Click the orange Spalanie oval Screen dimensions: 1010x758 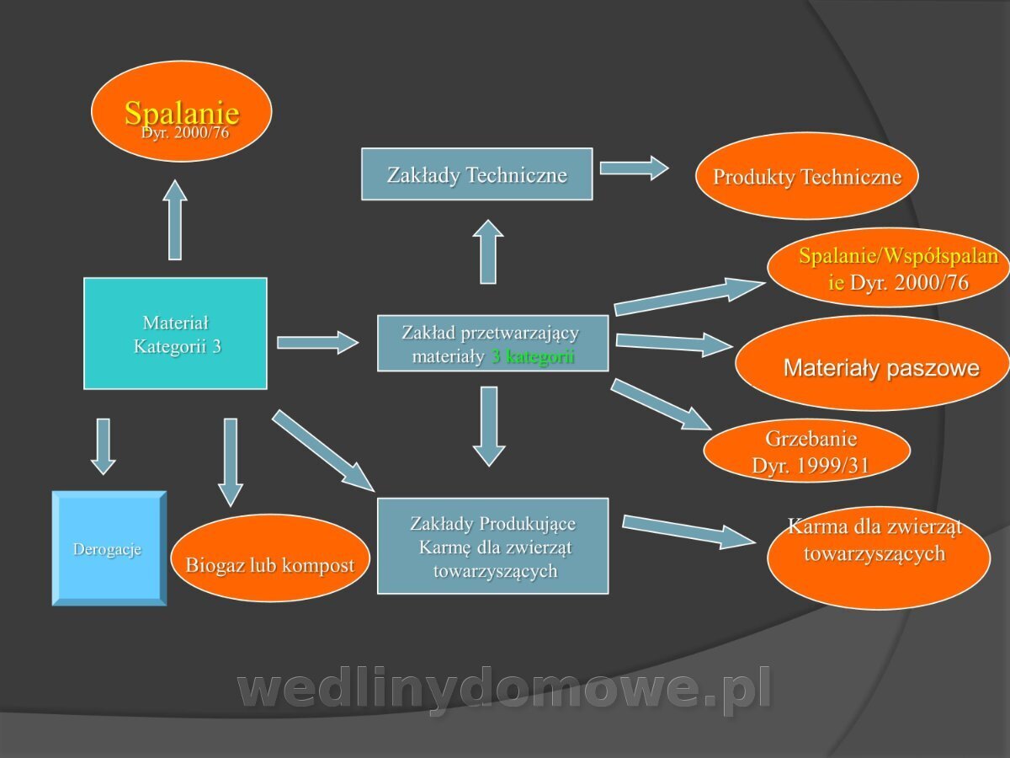181,111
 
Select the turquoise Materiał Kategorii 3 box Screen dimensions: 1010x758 175,334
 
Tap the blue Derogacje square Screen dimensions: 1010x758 109,548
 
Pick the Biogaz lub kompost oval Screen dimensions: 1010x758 270,558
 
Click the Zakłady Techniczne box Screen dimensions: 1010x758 476,174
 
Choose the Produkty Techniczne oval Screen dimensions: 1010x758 806,176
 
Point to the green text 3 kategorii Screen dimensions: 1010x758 533,356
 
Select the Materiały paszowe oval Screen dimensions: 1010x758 874,363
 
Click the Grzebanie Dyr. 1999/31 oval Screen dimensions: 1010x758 806,450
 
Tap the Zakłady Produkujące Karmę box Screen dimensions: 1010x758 493,546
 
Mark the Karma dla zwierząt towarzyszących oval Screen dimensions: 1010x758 879,558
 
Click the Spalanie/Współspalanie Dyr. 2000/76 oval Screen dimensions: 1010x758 888,267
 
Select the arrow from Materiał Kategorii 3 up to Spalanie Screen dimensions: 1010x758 175,220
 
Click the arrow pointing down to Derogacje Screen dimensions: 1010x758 103,446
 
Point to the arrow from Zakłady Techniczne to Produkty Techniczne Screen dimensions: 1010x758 634,168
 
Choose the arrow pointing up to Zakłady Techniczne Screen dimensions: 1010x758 488,252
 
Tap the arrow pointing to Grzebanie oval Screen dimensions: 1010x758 661,404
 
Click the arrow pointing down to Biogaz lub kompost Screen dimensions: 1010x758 231,462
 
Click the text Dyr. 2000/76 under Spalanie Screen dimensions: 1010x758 185,132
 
